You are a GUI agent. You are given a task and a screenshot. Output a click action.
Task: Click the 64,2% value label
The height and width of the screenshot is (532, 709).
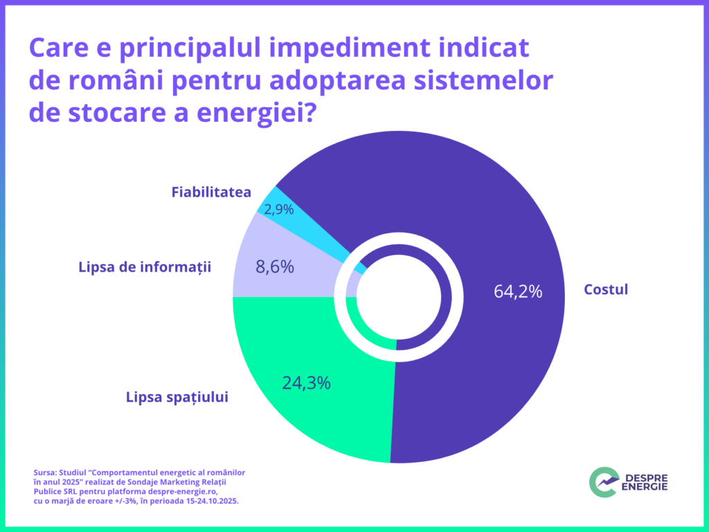pyautogui.click(x=518, y=292)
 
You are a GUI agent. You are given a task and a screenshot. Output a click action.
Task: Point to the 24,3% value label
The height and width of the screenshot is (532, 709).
pyautogui.click(x=306, y=382)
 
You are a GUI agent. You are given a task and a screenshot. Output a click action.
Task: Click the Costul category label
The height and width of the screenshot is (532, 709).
pyautogui.click(x=606, y=290)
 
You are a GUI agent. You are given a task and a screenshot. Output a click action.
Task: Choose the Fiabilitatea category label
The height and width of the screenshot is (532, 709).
pyautogui.click(x=211, y=192)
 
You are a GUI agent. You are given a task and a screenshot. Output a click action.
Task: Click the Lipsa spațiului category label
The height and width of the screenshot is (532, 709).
pyautogui.click(x=177, y=398)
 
